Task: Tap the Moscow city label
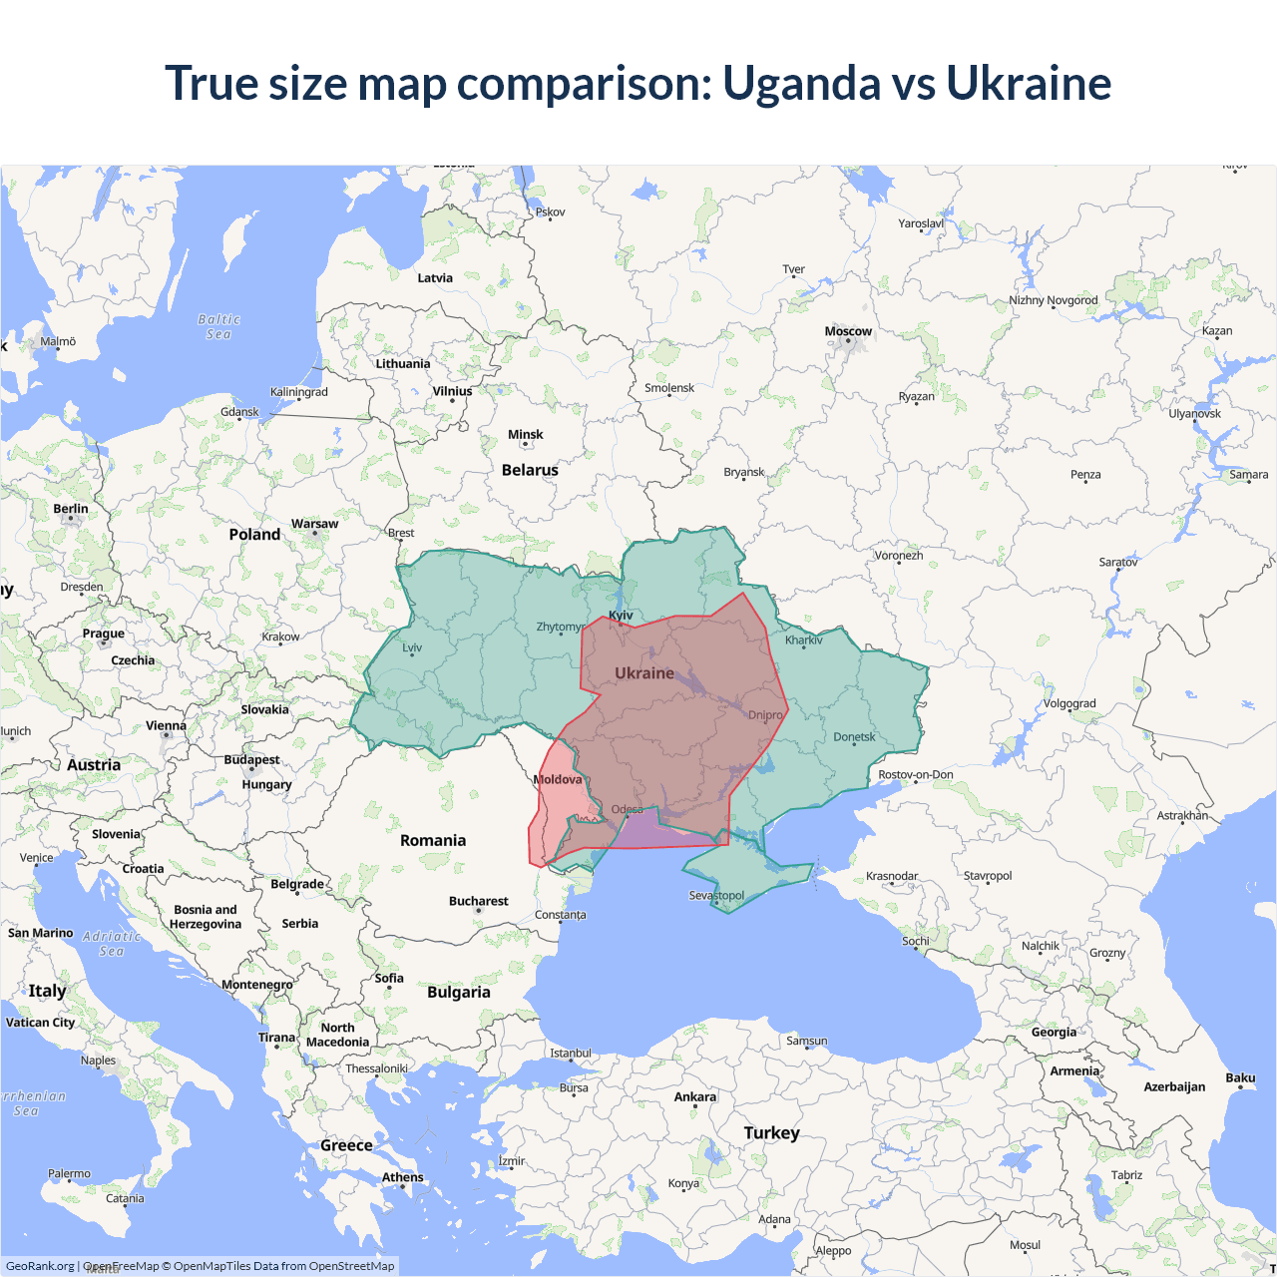[848, 331]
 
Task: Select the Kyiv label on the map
[621, 616]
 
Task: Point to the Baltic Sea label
[219, 327]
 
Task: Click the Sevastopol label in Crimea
[716, 895]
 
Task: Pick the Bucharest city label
[478, 901]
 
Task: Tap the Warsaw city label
[314, 524]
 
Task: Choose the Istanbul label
[571, 1054]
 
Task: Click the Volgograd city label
[1069, 703]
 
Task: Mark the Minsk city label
[525, 435]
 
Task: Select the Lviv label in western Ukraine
[412, 647]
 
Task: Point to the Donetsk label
[854, 737]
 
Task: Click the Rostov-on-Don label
[915, 775]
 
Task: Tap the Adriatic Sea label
[112, 944]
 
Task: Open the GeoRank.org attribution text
[40, 1266]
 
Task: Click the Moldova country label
[558, 779]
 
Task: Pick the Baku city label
[1240, 1077]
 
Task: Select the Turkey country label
[771, 1133]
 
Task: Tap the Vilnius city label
[452, 391]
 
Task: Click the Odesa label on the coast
[628, 809]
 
